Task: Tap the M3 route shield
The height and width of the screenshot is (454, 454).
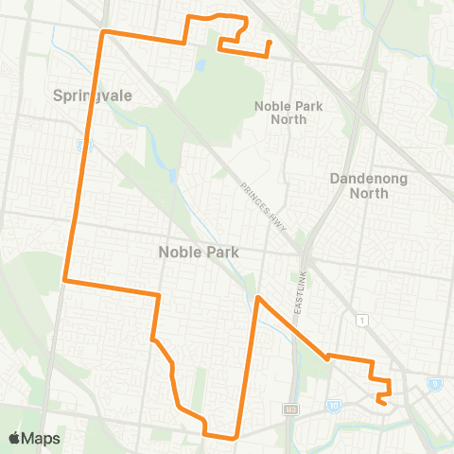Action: point(290,409)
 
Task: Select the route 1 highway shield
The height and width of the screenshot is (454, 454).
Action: point(362,317)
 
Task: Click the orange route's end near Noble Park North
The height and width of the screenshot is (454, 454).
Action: point(270,42)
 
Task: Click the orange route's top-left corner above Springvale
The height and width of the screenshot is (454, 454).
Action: point(104,31)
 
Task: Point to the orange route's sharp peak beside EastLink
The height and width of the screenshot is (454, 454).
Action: point(257,298)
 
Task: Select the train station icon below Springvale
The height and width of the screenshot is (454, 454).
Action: point(80,144)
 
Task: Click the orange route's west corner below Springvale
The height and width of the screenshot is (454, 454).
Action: point(63,280)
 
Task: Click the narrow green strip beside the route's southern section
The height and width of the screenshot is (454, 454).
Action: point(200,388)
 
